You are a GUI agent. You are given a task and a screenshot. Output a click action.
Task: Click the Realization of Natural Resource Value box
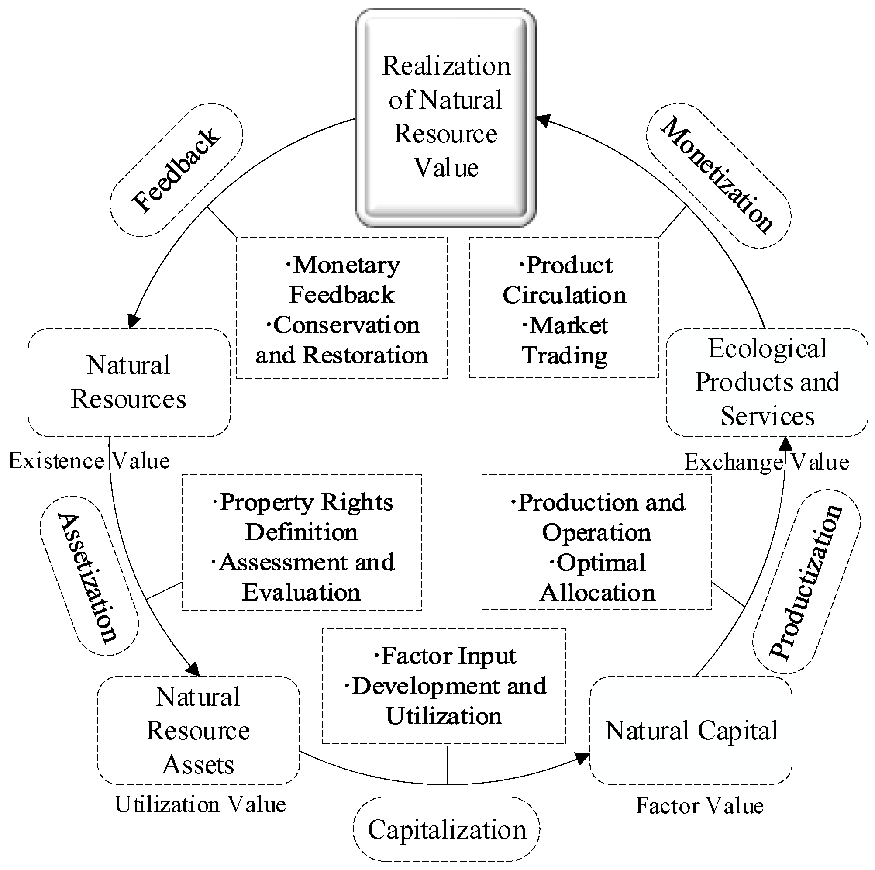pos(446,117)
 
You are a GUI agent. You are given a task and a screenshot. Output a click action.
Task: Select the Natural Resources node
pos(129,383)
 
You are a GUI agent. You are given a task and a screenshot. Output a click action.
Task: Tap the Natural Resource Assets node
pos(198,730)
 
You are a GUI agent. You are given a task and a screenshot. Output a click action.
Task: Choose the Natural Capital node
pos(691,730)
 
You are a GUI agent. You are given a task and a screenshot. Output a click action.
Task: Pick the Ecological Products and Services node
pos(767,383)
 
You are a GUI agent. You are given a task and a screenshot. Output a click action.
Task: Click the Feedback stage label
pos(176,170)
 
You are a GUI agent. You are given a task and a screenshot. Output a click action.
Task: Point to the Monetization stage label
pos(718,176)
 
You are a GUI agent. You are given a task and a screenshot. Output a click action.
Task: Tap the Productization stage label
pos(806,582)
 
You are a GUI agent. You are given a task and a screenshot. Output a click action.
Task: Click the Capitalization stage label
pos(447,829)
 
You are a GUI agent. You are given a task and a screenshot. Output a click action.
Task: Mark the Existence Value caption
pos(89,461)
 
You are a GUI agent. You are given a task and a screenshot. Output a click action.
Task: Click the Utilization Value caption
pos(200,805)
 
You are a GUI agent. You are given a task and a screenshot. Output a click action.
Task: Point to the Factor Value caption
pos(700,806)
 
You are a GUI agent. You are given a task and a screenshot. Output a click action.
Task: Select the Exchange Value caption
pos(766,462)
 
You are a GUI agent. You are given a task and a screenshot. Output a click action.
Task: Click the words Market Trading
pos(564,340)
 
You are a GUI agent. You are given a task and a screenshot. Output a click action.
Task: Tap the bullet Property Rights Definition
pos(302,517)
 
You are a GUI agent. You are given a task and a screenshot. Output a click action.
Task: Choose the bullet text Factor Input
pos(445,656)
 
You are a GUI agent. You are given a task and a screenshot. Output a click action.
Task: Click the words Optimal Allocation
pos(597,577)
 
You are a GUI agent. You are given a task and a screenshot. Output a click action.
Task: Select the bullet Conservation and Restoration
pos(342,340)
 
